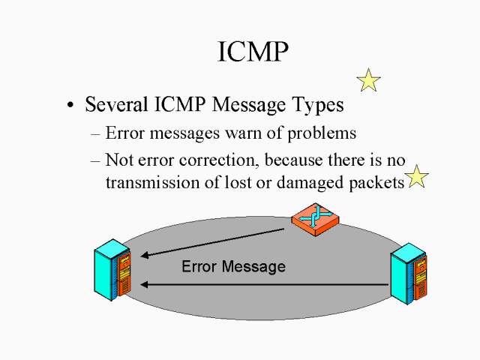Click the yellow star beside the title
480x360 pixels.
(x=368, y=80)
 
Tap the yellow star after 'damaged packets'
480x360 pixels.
(x=417, y=177)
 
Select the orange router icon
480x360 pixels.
(x=313, y=220)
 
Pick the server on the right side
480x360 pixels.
(x=409, y=274)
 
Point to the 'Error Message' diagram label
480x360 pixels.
(x=233, y=266)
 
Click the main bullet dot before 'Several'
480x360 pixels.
(x=70, y=106)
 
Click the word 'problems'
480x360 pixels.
(x=322, y=135)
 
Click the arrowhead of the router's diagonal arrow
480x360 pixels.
(x=145, y=256)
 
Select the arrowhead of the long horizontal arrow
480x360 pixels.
(x=145, y=284)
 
